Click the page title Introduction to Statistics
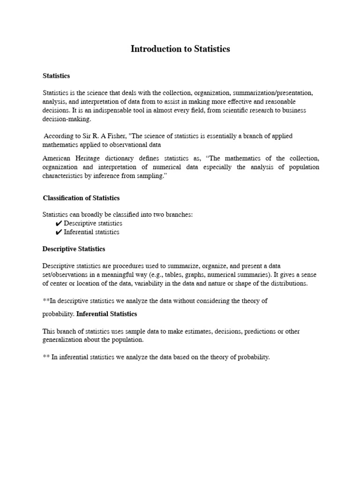coord(180,49)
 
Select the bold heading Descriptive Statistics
coord(74,249)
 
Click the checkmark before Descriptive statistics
coord(59,224)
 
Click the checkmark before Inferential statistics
coord(59,232)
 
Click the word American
coord(57,158)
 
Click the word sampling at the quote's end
coord(153,175)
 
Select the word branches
coord(177,215)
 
